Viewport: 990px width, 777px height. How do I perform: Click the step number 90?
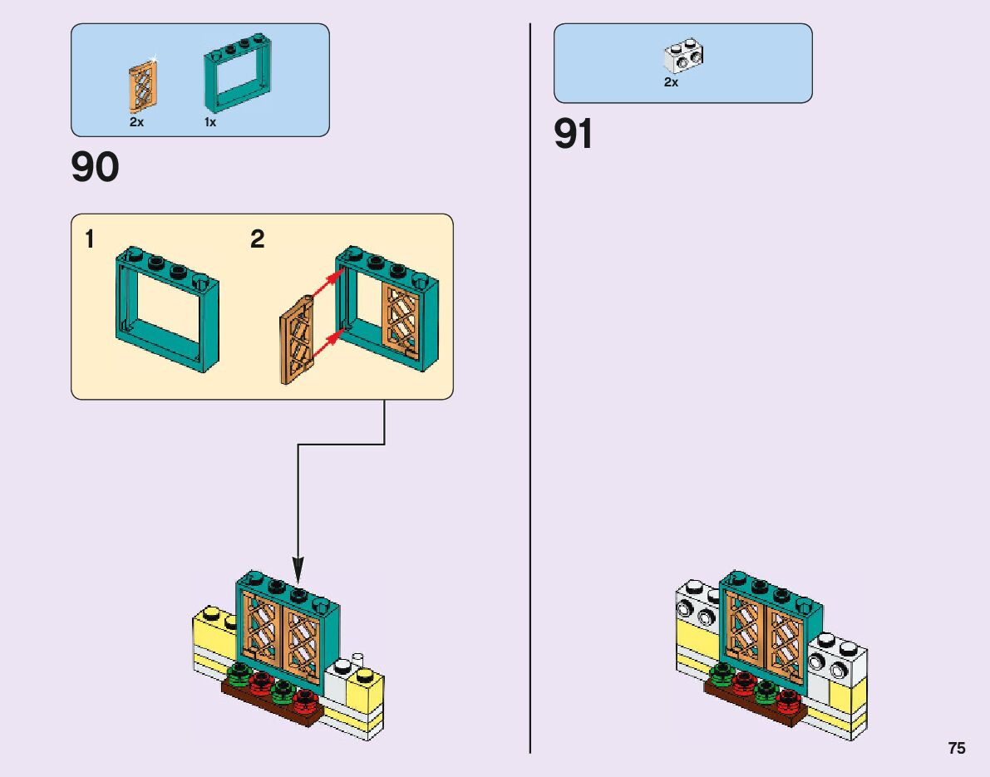click(96, 168)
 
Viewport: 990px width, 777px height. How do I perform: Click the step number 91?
click(574, 135)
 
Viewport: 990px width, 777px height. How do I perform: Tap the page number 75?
click(957, 748)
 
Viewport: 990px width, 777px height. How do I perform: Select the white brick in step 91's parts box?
click(683, 57)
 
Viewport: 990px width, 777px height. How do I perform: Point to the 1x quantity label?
click(210, 122)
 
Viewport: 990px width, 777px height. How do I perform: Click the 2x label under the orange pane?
click(137, 122)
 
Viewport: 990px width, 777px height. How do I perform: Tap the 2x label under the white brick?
click(671, 83)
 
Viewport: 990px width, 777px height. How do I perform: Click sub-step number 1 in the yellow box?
click(89, 241)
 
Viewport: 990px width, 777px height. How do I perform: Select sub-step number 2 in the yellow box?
click(258, 240)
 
